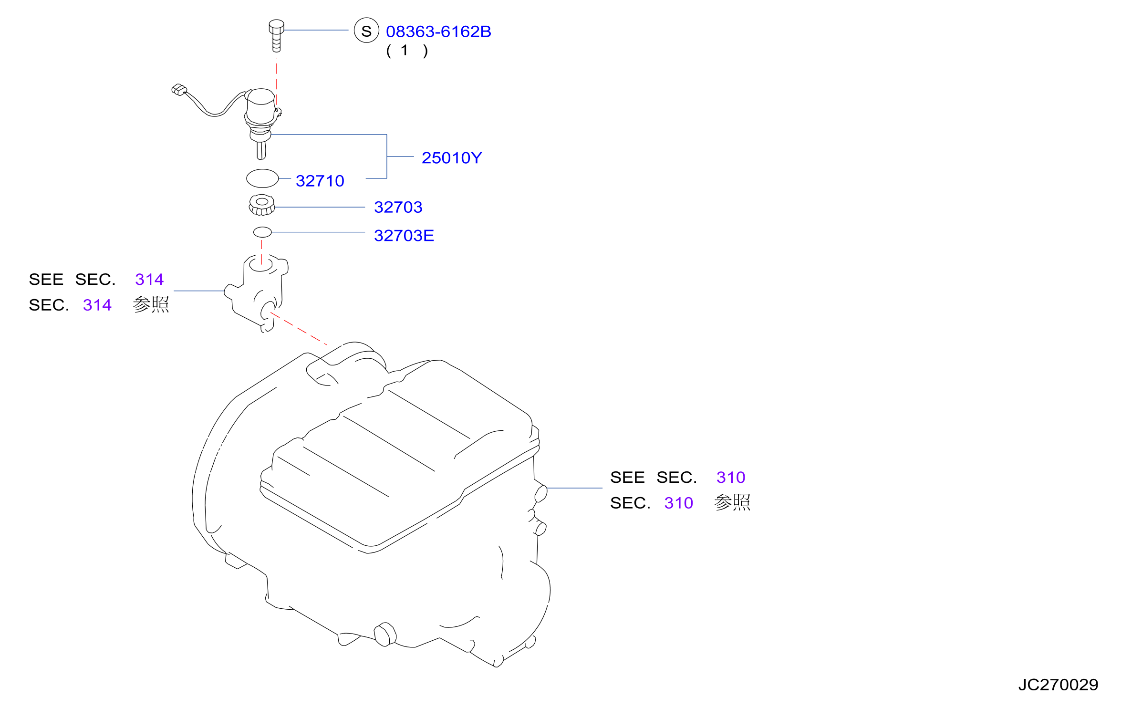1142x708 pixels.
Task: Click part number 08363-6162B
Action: point(438,31)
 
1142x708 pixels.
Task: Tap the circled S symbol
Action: point(366,31)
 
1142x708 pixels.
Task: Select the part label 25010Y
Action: point(452,158)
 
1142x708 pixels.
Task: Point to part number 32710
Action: point(320,181)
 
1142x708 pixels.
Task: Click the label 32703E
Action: point(404,236)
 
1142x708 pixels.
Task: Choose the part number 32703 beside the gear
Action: point(398,207)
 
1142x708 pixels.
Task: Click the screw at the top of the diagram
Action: point(277,36)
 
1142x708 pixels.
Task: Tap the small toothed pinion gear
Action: point(262,205)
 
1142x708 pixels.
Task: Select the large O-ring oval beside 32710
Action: point(262,178)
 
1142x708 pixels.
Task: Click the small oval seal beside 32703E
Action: point(262,232)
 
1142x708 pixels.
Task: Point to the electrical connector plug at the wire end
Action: point(179,90)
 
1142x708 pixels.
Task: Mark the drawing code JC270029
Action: point(1058,685)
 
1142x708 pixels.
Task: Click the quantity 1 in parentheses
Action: point(405,50)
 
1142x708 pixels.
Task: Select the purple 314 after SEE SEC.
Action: point(149,280)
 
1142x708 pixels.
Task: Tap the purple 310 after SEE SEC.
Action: point(731,478)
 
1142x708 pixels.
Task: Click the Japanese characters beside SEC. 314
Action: point(151,305)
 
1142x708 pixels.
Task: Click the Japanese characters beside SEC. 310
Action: point(732,503)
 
